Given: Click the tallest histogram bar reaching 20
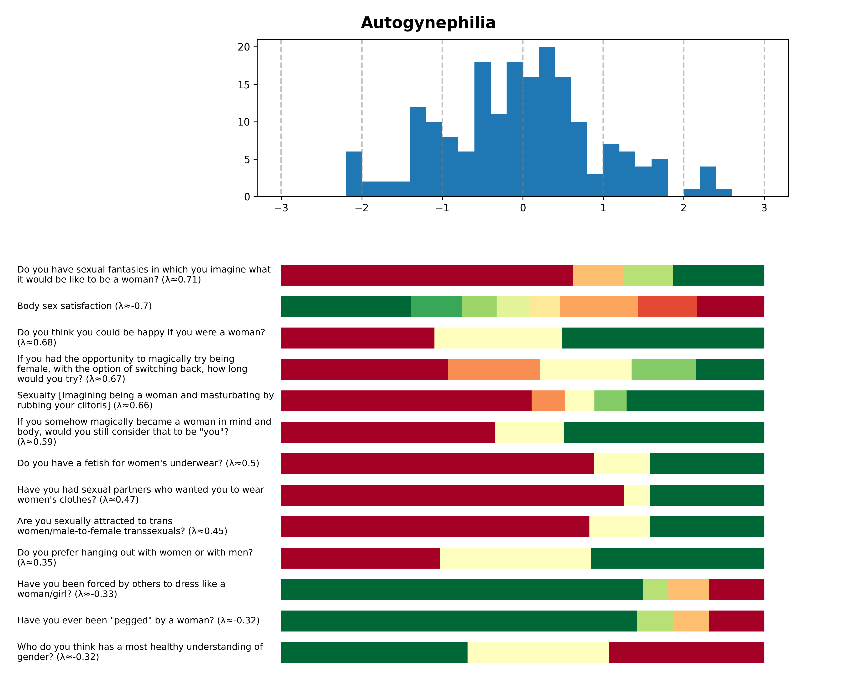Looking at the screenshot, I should coord(547,121).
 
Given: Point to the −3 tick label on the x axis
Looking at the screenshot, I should coord(281,208).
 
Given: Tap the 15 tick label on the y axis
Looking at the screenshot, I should coord(244,85).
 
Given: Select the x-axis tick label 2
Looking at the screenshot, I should coord(683,208).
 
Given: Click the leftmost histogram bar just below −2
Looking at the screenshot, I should coord(353,174).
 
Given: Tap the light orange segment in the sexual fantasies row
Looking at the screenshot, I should coord(598,275).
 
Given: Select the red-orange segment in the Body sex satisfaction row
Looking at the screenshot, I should coord(667,306).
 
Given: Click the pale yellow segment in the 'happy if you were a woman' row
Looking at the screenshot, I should coord(498,338).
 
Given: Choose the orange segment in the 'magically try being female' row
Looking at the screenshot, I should coord(494,369).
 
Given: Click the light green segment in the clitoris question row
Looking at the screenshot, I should coord(610,401).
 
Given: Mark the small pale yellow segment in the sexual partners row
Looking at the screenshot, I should coord(636,495).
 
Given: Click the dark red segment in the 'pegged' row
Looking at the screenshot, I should coord(736,621).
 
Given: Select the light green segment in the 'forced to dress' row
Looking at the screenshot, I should coord(655,589).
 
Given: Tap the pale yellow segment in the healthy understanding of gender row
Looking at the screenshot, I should coord(538,652).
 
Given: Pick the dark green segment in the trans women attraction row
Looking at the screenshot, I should coord(707,526).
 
